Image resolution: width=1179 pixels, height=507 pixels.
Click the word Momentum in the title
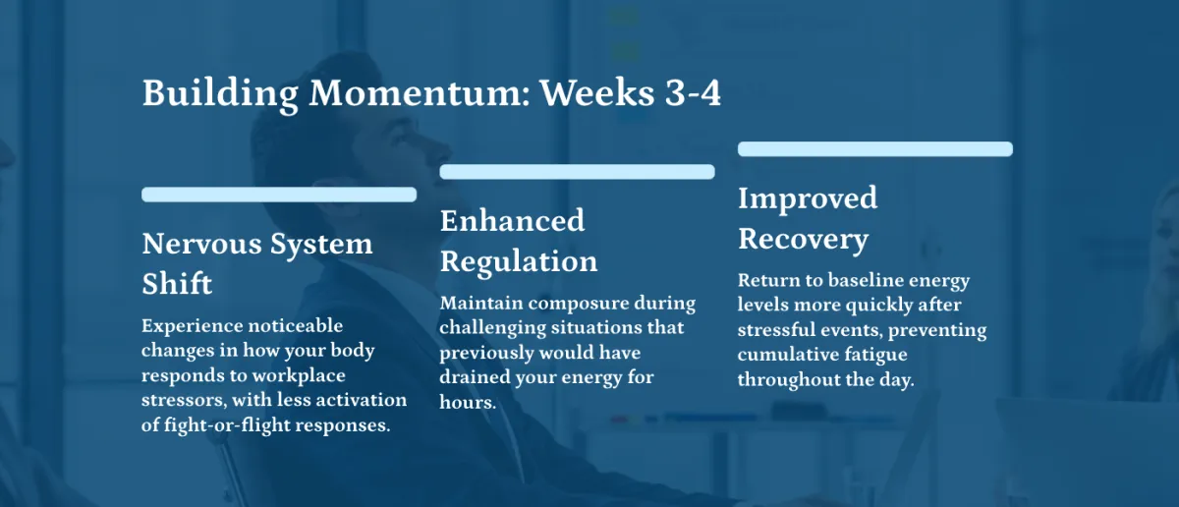[419, 93]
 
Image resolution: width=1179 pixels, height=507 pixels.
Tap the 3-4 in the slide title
[693, 93]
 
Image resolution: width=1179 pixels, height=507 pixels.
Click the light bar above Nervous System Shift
[279, 195]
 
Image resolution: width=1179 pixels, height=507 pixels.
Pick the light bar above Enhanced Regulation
[577, 172]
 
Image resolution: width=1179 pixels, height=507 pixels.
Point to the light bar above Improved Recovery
[874, 149]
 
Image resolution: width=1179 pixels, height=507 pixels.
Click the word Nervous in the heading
[201, 244]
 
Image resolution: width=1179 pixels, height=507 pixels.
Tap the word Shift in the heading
[177, 284]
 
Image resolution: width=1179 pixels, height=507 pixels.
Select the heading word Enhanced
[512, 221]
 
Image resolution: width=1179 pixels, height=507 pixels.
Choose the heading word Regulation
[519, 261]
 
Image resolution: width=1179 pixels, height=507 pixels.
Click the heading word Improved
[808, 199]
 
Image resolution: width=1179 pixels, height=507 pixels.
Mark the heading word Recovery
[803, 240]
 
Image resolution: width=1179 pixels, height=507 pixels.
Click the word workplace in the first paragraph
[299, 376]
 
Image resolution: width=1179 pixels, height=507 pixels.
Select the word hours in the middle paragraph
[468, 402]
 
